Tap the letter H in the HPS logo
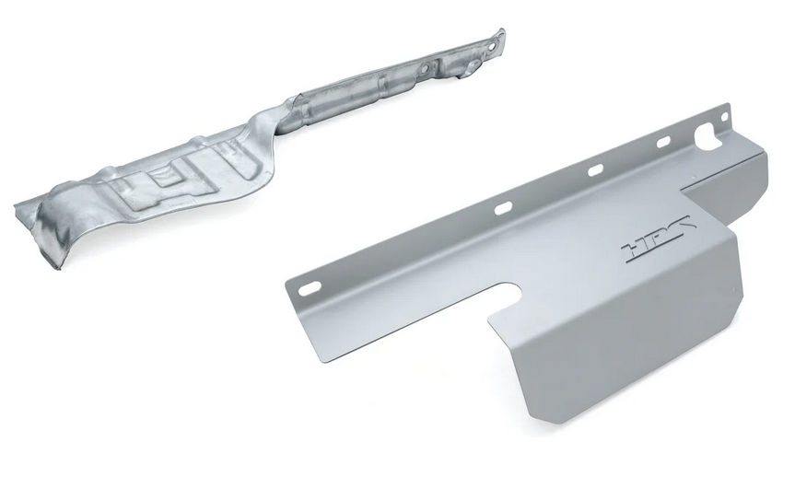coord(634,250)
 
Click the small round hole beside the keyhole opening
coord(724,117)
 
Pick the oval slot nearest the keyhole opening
coord(664,143)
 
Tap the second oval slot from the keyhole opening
coord(595,170)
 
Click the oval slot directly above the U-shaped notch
coord(504,208)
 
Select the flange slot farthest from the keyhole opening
coord(308,289)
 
